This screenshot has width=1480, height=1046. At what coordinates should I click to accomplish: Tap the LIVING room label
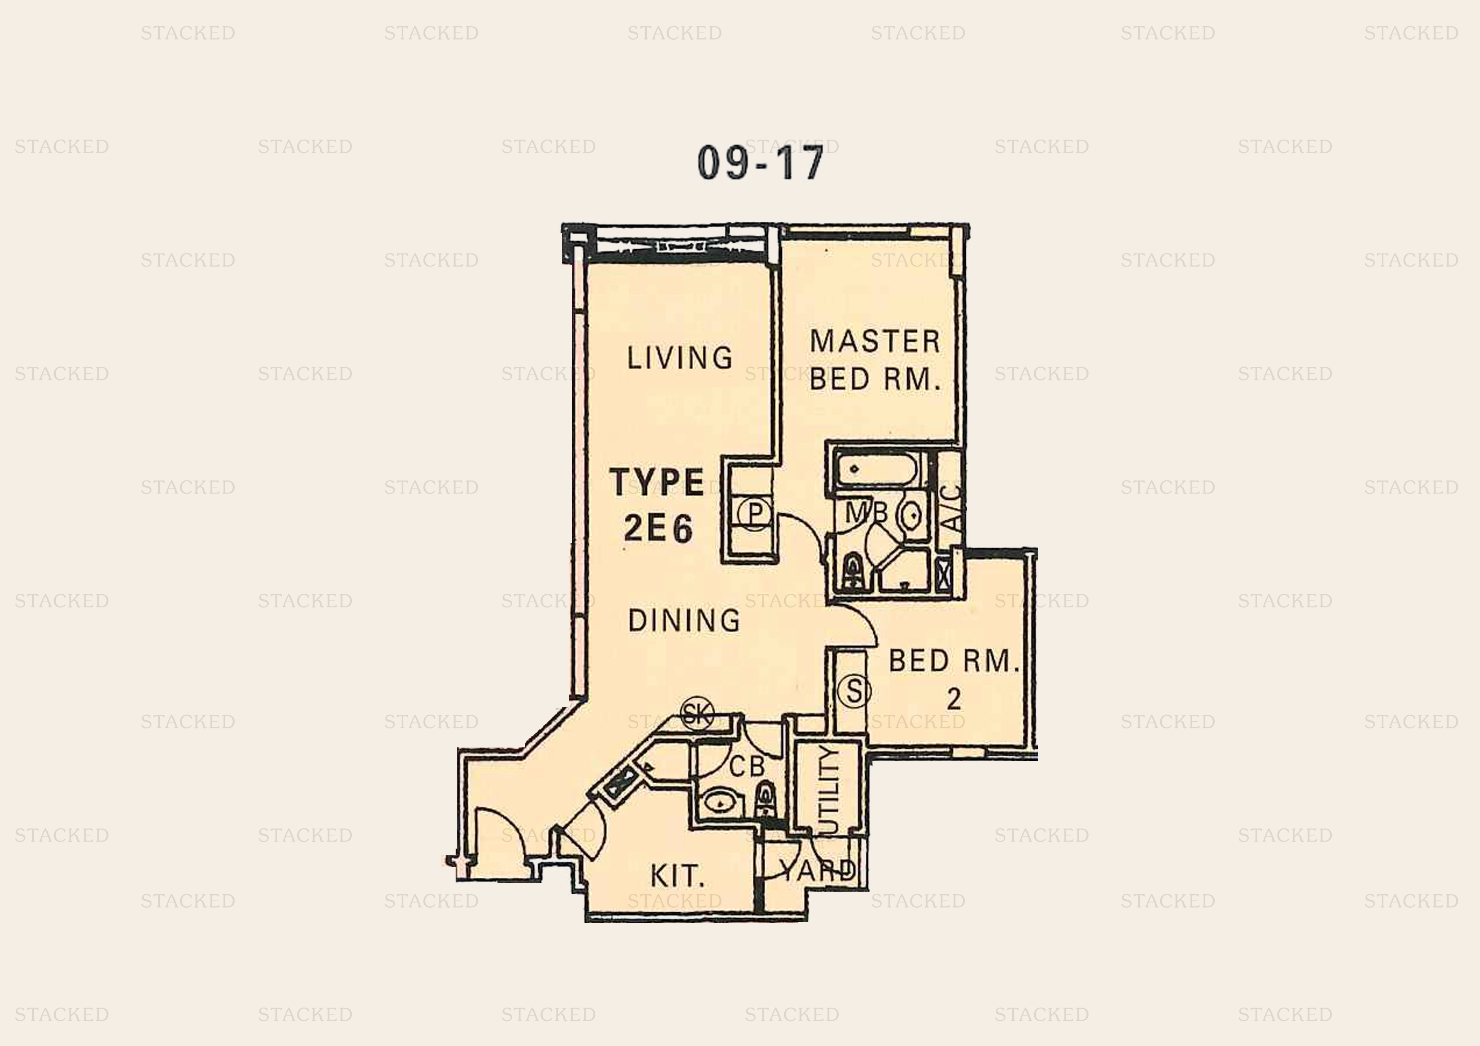tap(680, 358)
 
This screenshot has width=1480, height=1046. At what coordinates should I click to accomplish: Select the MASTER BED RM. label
tap(875, 360)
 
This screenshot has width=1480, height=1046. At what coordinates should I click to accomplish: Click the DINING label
tap(684, 620)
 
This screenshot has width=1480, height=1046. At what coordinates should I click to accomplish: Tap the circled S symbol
tap(854, 691)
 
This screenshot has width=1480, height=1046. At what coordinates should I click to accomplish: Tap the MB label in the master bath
tap(866, 512)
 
